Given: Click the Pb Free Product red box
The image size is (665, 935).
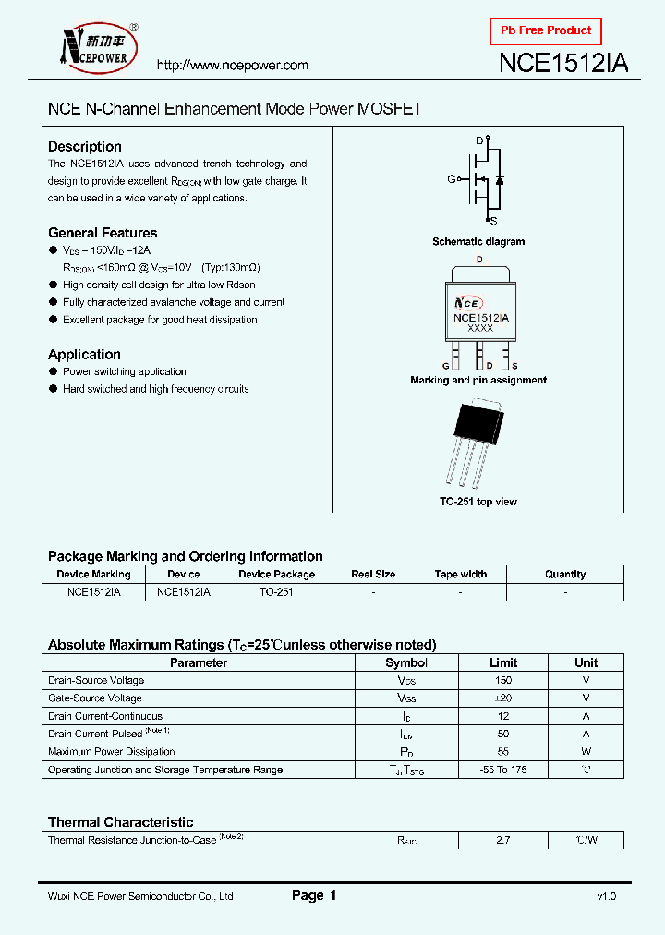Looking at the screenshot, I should pos(546,31).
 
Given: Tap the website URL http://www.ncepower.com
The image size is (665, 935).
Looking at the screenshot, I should pos(232,66).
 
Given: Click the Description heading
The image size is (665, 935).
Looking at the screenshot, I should pos(85,147).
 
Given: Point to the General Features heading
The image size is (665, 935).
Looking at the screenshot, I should pos(103,233).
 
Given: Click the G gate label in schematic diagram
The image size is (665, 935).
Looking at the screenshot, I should pos(452,179).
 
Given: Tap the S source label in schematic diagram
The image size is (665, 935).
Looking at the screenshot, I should pos(492,221).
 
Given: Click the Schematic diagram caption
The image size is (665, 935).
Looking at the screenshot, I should pos(478,242).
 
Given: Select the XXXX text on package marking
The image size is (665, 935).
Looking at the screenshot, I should pos(479,328).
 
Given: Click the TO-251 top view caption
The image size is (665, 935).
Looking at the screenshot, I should pos(478,502).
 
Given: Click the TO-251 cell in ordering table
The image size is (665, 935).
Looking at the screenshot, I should pos(276,592).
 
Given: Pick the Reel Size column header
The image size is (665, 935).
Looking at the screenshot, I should pos(373,574).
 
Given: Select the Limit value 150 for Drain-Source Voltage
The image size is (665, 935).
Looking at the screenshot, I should pos(502,681).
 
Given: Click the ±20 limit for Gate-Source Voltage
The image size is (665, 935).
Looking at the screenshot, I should pos(502,698).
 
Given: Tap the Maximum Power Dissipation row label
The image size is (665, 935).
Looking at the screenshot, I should pos(111,752).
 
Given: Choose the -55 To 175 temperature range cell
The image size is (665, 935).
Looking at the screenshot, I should pos(502,770).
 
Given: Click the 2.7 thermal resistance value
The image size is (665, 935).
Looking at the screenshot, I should pos(502,841).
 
